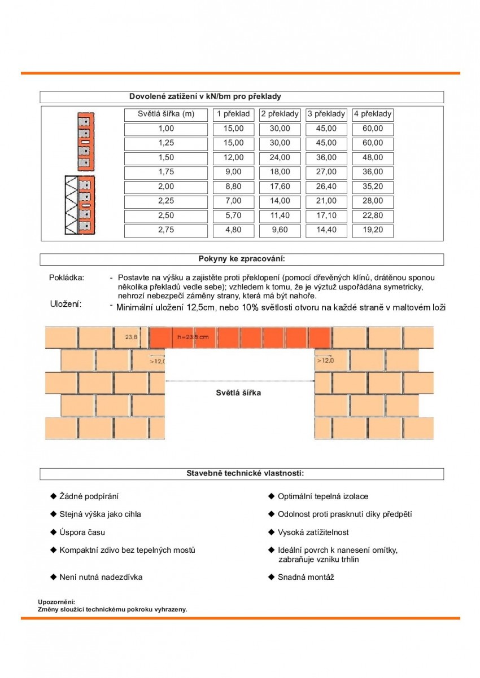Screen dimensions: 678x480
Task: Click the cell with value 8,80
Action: [x=234, y=187]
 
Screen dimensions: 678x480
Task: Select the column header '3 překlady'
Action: [x=326, y=114]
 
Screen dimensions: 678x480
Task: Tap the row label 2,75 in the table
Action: [x=166, y=230]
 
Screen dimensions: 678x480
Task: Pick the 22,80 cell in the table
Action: [x=372, y=215]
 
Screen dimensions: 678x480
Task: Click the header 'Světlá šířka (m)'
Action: [x=166, y=114]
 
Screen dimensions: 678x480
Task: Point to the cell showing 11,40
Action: [x=280, y=215]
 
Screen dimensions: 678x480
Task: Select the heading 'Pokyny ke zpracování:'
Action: [x=242, y=259]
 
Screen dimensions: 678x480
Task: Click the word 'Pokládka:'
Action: [x=67, y=278]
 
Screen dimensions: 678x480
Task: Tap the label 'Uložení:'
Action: [x=66, y=305]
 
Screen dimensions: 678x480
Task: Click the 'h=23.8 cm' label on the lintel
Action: [x=193, y=337]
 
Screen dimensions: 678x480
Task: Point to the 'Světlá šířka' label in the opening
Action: [x=238, y=392]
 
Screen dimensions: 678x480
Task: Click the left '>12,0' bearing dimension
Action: [x=157, y=360]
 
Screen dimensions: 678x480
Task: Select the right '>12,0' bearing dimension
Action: [x=325, y=360]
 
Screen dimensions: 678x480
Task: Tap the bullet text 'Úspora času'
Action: [x=82, y=532]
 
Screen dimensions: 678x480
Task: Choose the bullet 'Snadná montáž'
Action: [x=306, y=577]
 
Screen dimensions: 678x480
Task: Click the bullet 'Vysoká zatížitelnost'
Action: [x=313, y=532]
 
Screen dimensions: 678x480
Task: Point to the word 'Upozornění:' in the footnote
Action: [x=56, y=602]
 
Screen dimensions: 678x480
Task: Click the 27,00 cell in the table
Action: [x=326, y=172]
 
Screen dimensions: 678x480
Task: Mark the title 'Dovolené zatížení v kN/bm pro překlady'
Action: [x=205, y=96]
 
